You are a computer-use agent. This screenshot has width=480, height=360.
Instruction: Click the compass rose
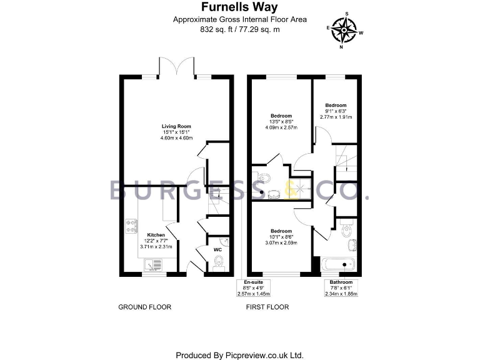coord(343,29)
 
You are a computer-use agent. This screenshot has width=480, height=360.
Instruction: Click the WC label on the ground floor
coord(218,249)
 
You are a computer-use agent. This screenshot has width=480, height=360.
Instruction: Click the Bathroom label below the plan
coord(341,282)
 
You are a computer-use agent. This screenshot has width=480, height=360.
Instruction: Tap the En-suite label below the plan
coord(252,282)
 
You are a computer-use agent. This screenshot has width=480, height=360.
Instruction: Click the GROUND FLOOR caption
coord(145,307)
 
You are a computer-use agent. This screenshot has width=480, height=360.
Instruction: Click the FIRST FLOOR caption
coord(268,307)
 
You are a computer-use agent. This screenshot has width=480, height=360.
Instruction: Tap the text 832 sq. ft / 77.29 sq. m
coord(239,29)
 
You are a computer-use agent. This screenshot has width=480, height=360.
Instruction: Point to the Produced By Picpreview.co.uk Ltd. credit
coord(239,354)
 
